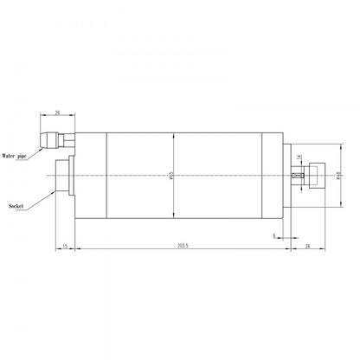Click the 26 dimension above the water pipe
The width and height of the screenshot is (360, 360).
pos(56,112)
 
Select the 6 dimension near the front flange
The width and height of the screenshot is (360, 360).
pos(274,235)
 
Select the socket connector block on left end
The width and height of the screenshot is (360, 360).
pos(66,177)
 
